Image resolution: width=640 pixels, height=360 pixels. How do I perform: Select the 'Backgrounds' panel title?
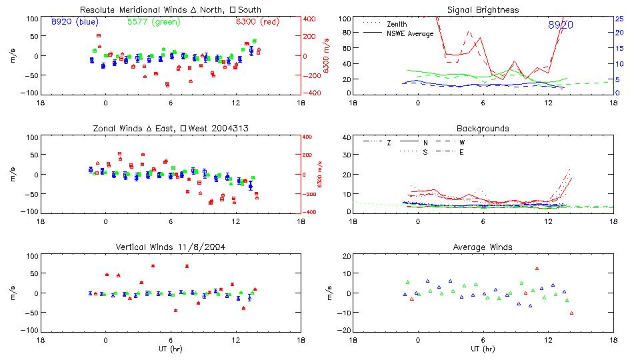[x=483, y=128]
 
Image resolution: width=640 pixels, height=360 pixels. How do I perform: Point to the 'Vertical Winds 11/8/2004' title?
[x=171, y=247]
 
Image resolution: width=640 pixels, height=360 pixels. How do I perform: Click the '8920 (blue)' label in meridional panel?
[x=74, y=22]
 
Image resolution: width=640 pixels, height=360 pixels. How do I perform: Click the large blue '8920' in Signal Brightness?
[x=560, y=25]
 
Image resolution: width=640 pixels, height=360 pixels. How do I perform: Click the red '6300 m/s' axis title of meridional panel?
[x=327, y=56]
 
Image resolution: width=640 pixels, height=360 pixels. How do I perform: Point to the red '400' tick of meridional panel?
[x=312, y=19]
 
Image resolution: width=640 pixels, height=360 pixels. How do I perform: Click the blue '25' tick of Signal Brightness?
[x=619, y=19]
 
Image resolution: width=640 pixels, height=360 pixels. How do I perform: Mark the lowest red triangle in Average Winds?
[x=572, y=313]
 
